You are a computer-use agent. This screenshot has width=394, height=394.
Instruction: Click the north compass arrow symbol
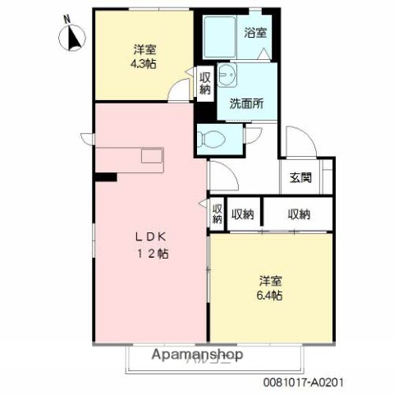point(71,38)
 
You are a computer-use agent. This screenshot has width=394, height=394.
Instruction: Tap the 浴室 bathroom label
point(255,33)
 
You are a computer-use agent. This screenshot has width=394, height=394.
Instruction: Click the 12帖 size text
point(153,254)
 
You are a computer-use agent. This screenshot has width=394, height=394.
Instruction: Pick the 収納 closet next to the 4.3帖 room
point(205,83)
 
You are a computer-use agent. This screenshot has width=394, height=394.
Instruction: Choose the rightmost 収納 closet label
point(299,214)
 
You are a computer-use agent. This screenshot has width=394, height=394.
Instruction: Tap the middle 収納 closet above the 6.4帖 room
point(242,214)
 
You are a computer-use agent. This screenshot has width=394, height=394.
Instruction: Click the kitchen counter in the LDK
point(131,156)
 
